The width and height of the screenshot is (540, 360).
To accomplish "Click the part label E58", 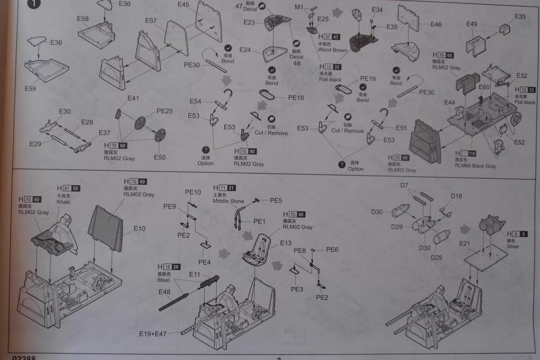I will coord(84,19).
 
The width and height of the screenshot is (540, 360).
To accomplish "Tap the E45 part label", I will coord(184,5).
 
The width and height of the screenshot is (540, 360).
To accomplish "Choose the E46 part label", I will coord(435,25).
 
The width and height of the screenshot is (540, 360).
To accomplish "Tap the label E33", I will coord(520,16).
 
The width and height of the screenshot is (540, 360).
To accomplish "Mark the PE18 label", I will coord(296,98).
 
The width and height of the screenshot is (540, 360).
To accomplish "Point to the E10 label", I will coord(139,229).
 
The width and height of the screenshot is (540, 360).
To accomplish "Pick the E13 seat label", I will coord(286,242).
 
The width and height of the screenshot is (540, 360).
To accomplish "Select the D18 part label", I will coord(456,196).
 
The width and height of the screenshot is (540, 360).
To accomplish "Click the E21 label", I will coord(465,243).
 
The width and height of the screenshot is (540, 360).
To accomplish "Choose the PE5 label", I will coord(277,201).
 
